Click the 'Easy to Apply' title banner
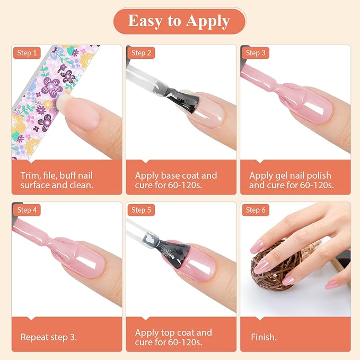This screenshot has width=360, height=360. click(x=179, y=21)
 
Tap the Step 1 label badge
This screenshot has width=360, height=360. click(x=27, y=53)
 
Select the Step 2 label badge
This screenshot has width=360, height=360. click(x=141, y=53)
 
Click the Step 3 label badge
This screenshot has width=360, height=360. click(x=256, y=53)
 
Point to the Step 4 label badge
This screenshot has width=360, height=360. click(x=27, y=210)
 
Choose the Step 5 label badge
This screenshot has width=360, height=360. click(x=141, y=210)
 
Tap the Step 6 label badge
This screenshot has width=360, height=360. click(x=256, y=210)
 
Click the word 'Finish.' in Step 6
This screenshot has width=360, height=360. click(x=264, y=337)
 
